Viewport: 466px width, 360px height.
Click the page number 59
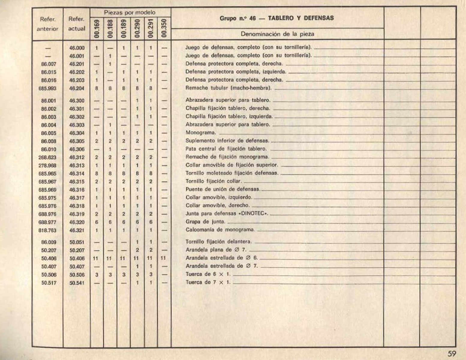[x=452, y=353]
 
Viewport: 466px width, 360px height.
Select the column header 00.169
[x=97, y=28]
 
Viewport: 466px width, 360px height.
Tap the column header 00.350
[x=164, y=28]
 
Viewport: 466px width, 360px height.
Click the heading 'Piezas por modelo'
[x=130, y=13]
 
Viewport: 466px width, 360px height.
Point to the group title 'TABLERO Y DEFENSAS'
[x=301, y=18]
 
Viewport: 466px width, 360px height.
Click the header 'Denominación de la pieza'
[x=277, y=34]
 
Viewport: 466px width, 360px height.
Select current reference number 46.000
[x=77, y=48]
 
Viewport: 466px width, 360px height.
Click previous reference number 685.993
[x=47, y=88]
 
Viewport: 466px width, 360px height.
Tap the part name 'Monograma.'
[x=201, y=133]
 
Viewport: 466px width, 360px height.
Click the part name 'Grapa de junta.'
[x=205, y=222]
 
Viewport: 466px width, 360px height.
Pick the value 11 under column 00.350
[x=163, y=258]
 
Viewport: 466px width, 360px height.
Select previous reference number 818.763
[x=47, y=230]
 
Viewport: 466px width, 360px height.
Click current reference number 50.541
[x=77, y=283]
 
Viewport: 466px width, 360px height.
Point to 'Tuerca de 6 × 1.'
[x=208, y=274]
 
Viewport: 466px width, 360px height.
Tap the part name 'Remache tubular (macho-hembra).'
[x=229, y=88]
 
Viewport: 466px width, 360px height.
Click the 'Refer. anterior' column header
[x=47, y=24]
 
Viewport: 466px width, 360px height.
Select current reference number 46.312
[x=77, y=157]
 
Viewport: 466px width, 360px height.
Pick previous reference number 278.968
[x=47, y=165]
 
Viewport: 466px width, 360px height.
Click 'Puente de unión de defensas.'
[x=223, y=189]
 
